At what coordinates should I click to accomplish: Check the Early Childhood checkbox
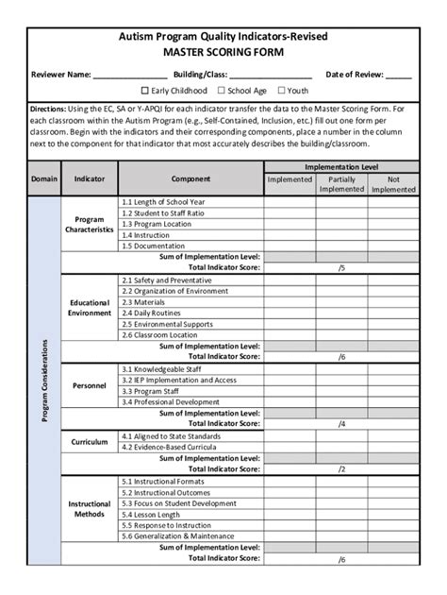pyautogui.click(x=145, y=91)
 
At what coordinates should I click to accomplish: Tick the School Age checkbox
pyautogui.click(x=221, y=91)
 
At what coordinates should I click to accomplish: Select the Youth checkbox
pyautogui.click(x=279, y=91)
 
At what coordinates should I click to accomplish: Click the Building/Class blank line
pyautogui.click(x=271, y=75)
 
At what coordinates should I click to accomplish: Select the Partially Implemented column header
pyautogui.click(x=341, y=183)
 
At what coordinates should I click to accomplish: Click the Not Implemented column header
pyautogui.click(x=393, y=183)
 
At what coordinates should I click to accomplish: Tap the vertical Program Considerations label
pyautogui.click(x=44, y=381)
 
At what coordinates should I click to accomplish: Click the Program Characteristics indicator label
pyautogui.click(x=90, y=224)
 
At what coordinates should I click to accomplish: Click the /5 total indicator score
pyautogui.click(x=341, y=267)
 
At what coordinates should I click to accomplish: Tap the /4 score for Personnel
pyautogui.click(x=341, y=423)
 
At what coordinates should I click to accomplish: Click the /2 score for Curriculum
pyautogui.click(x=341, y=468)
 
